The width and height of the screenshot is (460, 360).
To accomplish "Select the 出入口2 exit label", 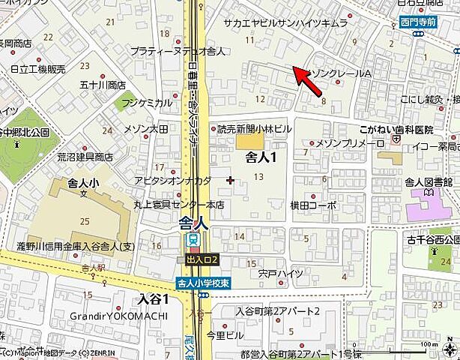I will tap(202, 259).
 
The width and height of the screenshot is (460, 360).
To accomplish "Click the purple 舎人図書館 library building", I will tap(426, 202).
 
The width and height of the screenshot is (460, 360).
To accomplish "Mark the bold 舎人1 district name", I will tap(261, 157).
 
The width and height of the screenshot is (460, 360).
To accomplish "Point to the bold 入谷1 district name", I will tap(154, 298).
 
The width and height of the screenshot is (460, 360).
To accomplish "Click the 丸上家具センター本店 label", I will tap(169, 205).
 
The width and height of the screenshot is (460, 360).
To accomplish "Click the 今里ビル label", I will tap(224, 334).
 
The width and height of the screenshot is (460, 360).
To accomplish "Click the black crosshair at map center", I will tap(230, 180).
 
